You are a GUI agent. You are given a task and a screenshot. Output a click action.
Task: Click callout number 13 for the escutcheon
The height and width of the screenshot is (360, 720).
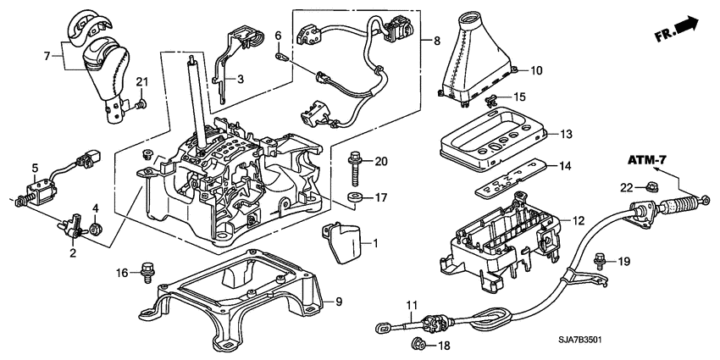pyautogui.click(x=567, y=133)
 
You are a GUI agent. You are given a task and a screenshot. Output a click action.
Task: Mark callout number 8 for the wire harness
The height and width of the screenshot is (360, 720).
pyautogui.click(x=436, y=40)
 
